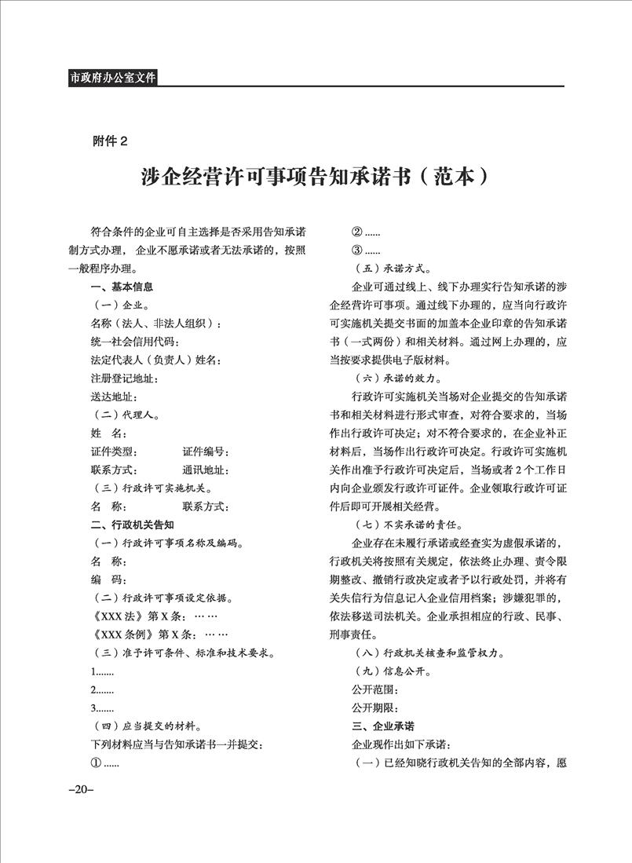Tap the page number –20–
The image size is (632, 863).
tap(81, 789)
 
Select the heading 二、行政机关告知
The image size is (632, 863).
tap(132, 524)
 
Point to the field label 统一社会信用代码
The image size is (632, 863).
tap(135, 342)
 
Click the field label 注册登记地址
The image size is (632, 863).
tap(125, 378)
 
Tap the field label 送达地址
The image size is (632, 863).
tap(115, 397)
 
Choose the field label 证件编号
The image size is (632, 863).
tap(205, 452)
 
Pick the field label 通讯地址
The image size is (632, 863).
tap(205, 470)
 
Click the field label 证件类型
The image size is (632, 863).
tap(115, 452)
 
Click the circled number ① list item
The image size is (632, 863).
tap(104, 762)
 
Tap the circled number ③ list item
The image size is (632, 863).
tap(367, 250)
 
